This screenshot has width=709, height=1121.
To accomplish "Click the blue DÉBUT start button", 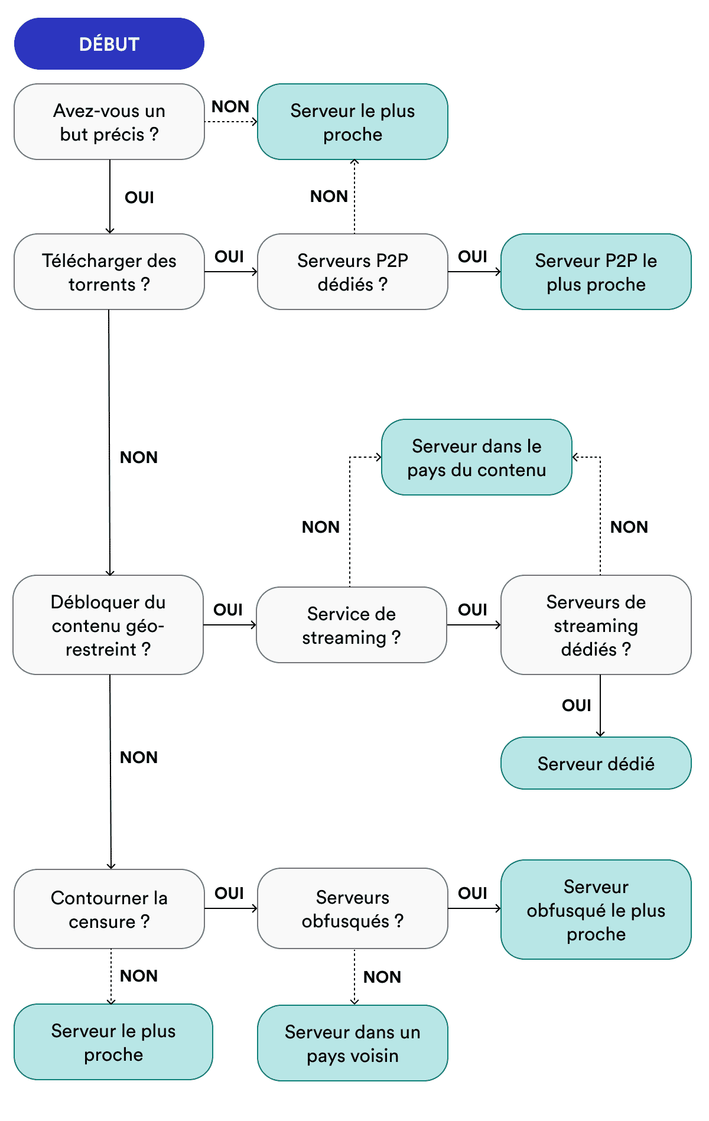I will point(109,44).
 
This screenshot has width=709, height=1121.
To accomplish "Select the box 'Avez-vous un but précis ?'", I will point(109,122).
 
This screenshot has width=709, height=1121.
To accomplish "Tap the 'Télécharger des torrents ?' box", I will point(109,272).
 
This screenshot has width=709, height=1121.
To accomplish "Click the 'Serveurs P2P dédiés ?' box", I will point(353,272).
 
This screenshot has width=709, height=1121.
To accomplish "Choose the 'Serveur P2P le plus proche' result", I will point(596,272).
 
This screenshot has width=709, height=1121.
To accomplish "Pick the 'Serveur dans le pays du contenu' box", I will point(476,457).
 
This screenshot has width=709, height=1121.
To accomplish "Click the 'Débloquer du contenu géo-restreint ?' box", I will point(108,625).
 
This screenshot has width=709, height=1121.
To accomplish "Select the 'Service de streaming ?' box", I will point(352,625).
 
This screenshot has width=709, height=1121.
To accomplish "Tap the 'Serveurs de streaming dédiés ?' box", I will point(596,625).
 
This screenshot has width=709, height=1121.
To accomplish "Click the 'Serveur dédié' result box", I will point(596,763).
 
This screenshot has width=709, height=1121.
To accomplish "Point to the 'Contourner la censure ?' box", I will point(109,909).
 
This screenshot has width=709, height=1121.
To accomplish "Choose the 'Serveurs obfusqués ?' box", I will point(353,908).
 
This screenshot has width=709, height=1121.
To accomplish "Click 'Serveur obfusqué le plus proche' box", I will point(596,910).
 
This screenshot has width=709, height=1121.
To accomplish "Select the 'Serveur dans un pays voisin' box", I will point(353,1043).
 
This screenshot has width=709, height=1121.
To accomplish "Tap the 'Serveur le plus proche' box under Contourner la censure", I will point(113,1042).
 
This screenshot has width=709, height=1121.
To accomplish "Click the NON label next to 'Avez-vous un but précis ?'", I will point(230,106).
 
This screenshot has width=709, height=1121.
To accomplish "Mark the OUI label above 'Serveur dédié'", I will point(577,705).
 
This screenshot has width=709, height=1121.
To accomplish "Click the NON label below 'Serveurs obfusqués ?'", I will point(382,977).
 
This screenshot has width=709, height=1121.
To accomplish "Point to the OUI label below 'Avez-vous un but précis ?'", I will point(139,197).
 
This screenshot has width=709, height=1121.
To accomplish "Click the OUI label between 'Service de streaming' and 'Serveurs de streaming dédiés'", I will point(473,610).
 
